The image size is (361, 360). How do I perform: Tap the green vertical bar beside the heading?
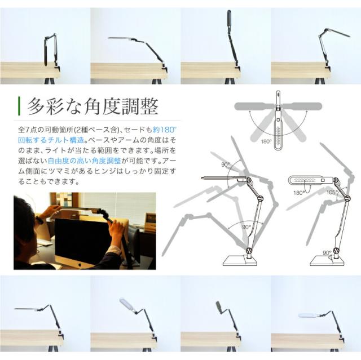[19, 105]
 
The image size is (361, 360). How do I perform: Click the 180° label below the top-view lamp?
[266, 141]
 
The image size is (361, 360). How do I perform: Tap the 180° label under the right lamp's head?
[298, 193]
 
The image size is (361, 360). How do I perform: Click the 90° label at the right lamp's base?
[328, 253]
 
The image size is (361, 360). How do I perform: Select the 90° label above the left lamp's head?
[226, 165]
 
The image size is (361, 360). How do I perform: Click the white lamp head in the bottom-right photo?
[309, 315]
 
